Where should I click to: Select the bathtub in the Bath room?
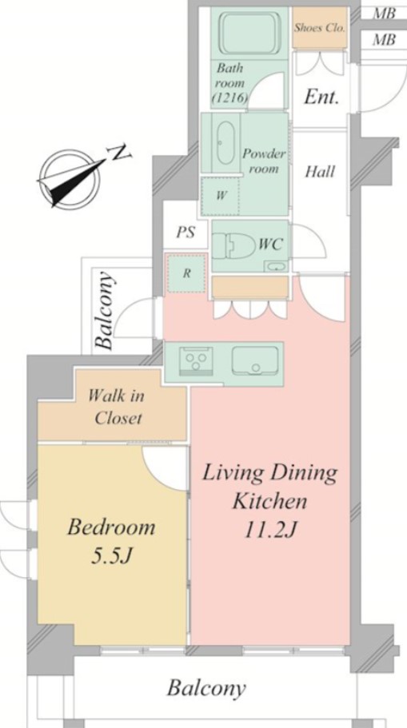click(x=249, y=34)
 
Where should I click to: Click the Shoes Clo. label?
click(x=320, y=27)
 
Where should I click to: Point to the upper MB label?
click(x=385, y=13)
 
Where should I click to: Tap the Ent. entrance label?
click(x=321, y=97)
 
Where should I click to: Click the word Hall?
click(x=320, y=171)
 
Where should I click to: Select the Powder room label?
click(x=264, y=161)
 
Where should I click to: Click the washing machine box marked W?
click(x=220, y=196)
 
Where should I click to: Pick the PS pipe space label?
click(x=186, y=232)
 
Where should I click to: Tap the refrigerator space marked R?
click(x=186, y=273)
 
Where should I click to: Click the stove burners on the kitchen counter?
click(x=196, y=360)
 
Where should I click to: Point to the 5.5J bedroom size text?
click(x=113, y=555)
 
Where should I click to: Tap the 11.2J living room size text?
click(x=270, y=530)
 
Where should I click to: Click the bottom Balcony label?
click(x=205, y=689)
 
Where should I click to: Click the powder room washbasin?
click(x=225, y=142)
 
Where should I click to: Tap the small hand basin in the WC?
click(x=276, y=266)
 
